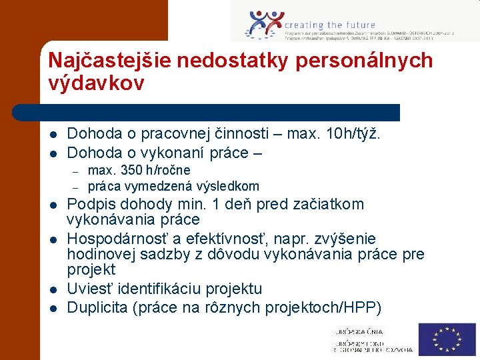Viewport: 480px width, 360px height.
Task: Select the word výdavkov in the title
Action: tap(96, 83)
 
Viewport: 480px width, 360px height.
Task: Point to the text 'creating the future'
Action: tap(330, 25)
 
